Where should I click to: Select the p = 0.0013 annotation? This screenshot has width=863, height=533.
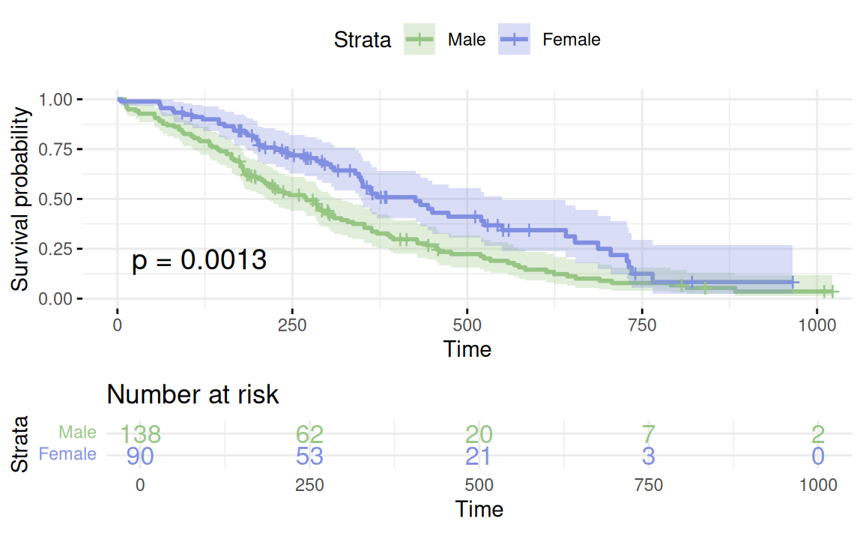pos(199,261)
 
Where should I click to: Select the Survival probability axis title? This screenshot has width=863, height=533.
pos(21,199)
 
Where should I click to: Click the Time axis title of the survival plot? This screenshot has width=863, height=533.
pos(467,349)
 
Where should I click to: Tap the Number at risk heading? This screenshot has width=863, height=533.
pos(193,394)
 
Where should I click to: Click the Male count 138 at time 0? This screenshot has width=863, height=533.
pos(140,434)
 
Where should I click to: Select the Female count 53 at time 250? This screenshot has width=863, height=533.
pos(309,455)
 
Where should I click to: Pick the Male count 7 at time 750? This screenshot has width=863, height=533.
pos(649,434)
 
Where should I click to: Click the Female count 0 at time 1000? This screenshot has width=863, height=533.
pos(818,455)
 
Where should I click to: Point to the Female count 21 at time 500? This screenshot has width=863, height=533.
pos(479,455)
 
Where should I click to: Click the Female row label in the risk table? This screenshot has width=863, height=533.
pos(67,454)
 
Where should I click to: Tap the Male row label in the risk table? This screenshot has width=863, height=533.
pos(78,433)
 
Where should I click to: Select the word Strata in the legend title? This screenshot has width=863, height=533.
pos(363,40)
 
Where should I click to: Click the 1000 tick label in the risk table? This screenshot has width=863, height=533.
pos(818,485)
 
